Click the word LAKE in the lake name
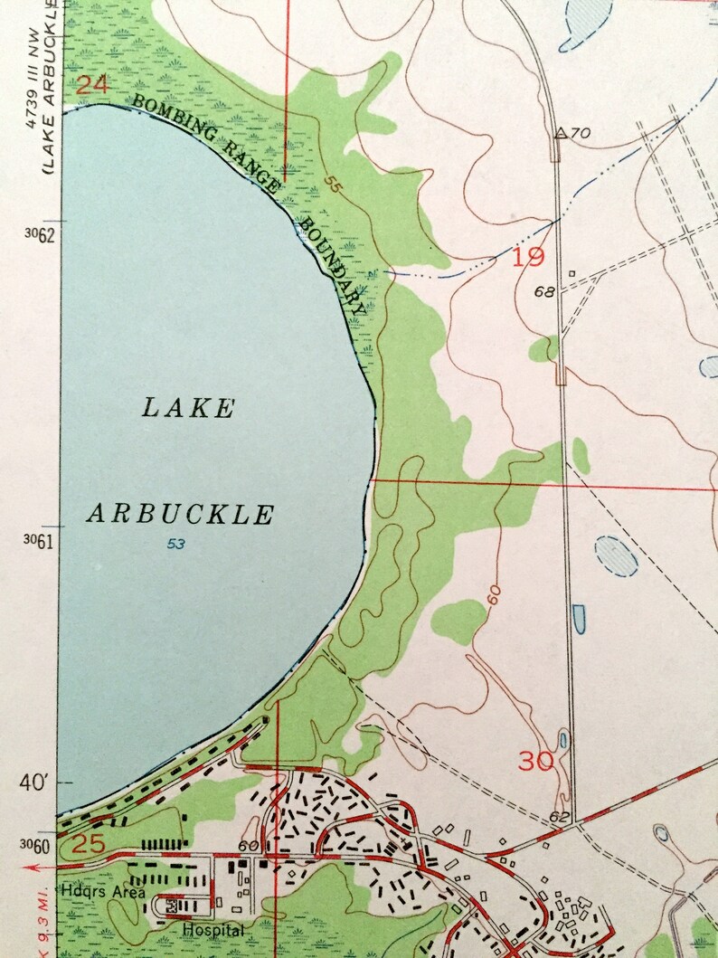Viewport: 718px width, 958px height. click(188, 408)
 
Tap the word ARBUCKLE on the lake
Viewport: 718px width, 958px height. click(180, 515)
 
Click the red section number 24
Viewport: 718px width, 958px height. click(91, 86)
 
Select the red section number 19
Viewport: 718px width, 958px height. click(529, 258)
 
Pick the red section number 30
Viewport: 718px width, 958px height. click(537, 761)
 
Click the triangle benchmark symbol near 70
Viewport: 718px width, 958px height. click(561, 134)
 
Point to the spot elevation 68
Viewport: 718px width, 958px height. click(543, 291)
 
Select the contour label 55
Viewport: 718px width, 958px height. click(334, 186)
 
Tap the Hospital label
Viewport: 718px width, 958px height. click(213, 929)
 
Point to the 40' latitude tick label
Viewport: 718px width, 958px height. click(39, 781)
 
